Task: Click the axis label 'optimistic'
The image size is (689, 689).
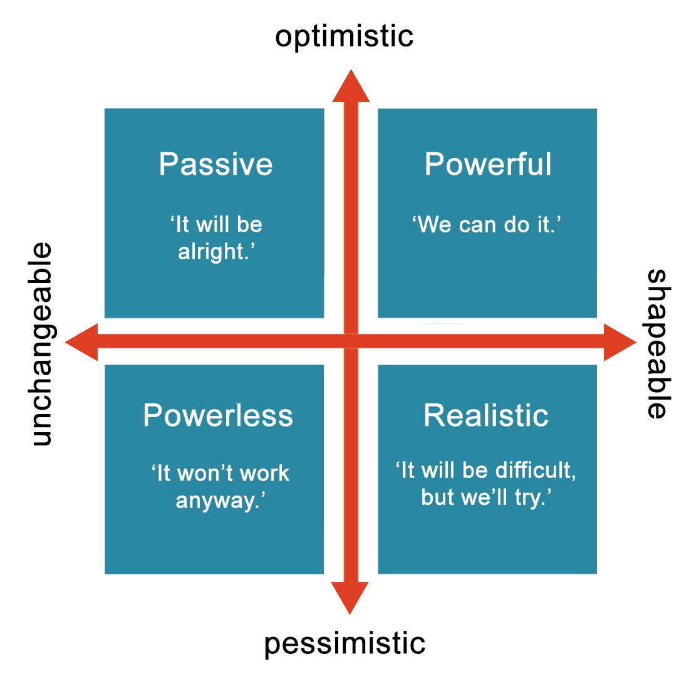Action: (x=344, y=36)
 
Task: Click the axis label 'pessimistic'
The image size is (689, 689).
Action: (x=344, y=644)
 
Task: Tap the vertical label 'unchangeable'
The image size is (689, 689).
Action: (x=42, y=344)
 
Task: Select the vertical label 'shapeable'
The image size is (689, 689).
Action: (x=657, y=344)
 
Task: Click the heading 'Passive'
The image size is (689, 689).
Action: (x=215, y=164)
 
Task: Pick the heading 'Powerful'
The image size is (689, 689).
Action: (x=488, y=164)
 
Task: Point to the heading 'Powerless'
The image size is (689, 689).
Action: (x=218, y=415)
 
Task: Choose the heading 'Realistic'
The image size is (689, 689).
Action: (x=486, y=415)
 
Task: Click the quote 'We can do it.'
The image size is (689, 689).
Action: (x=486, y=224)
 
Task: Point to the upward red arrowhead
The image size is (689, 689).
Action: (x=351, y=86)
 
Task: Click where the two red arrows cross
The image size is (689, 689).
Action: (x=351, y=341)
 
